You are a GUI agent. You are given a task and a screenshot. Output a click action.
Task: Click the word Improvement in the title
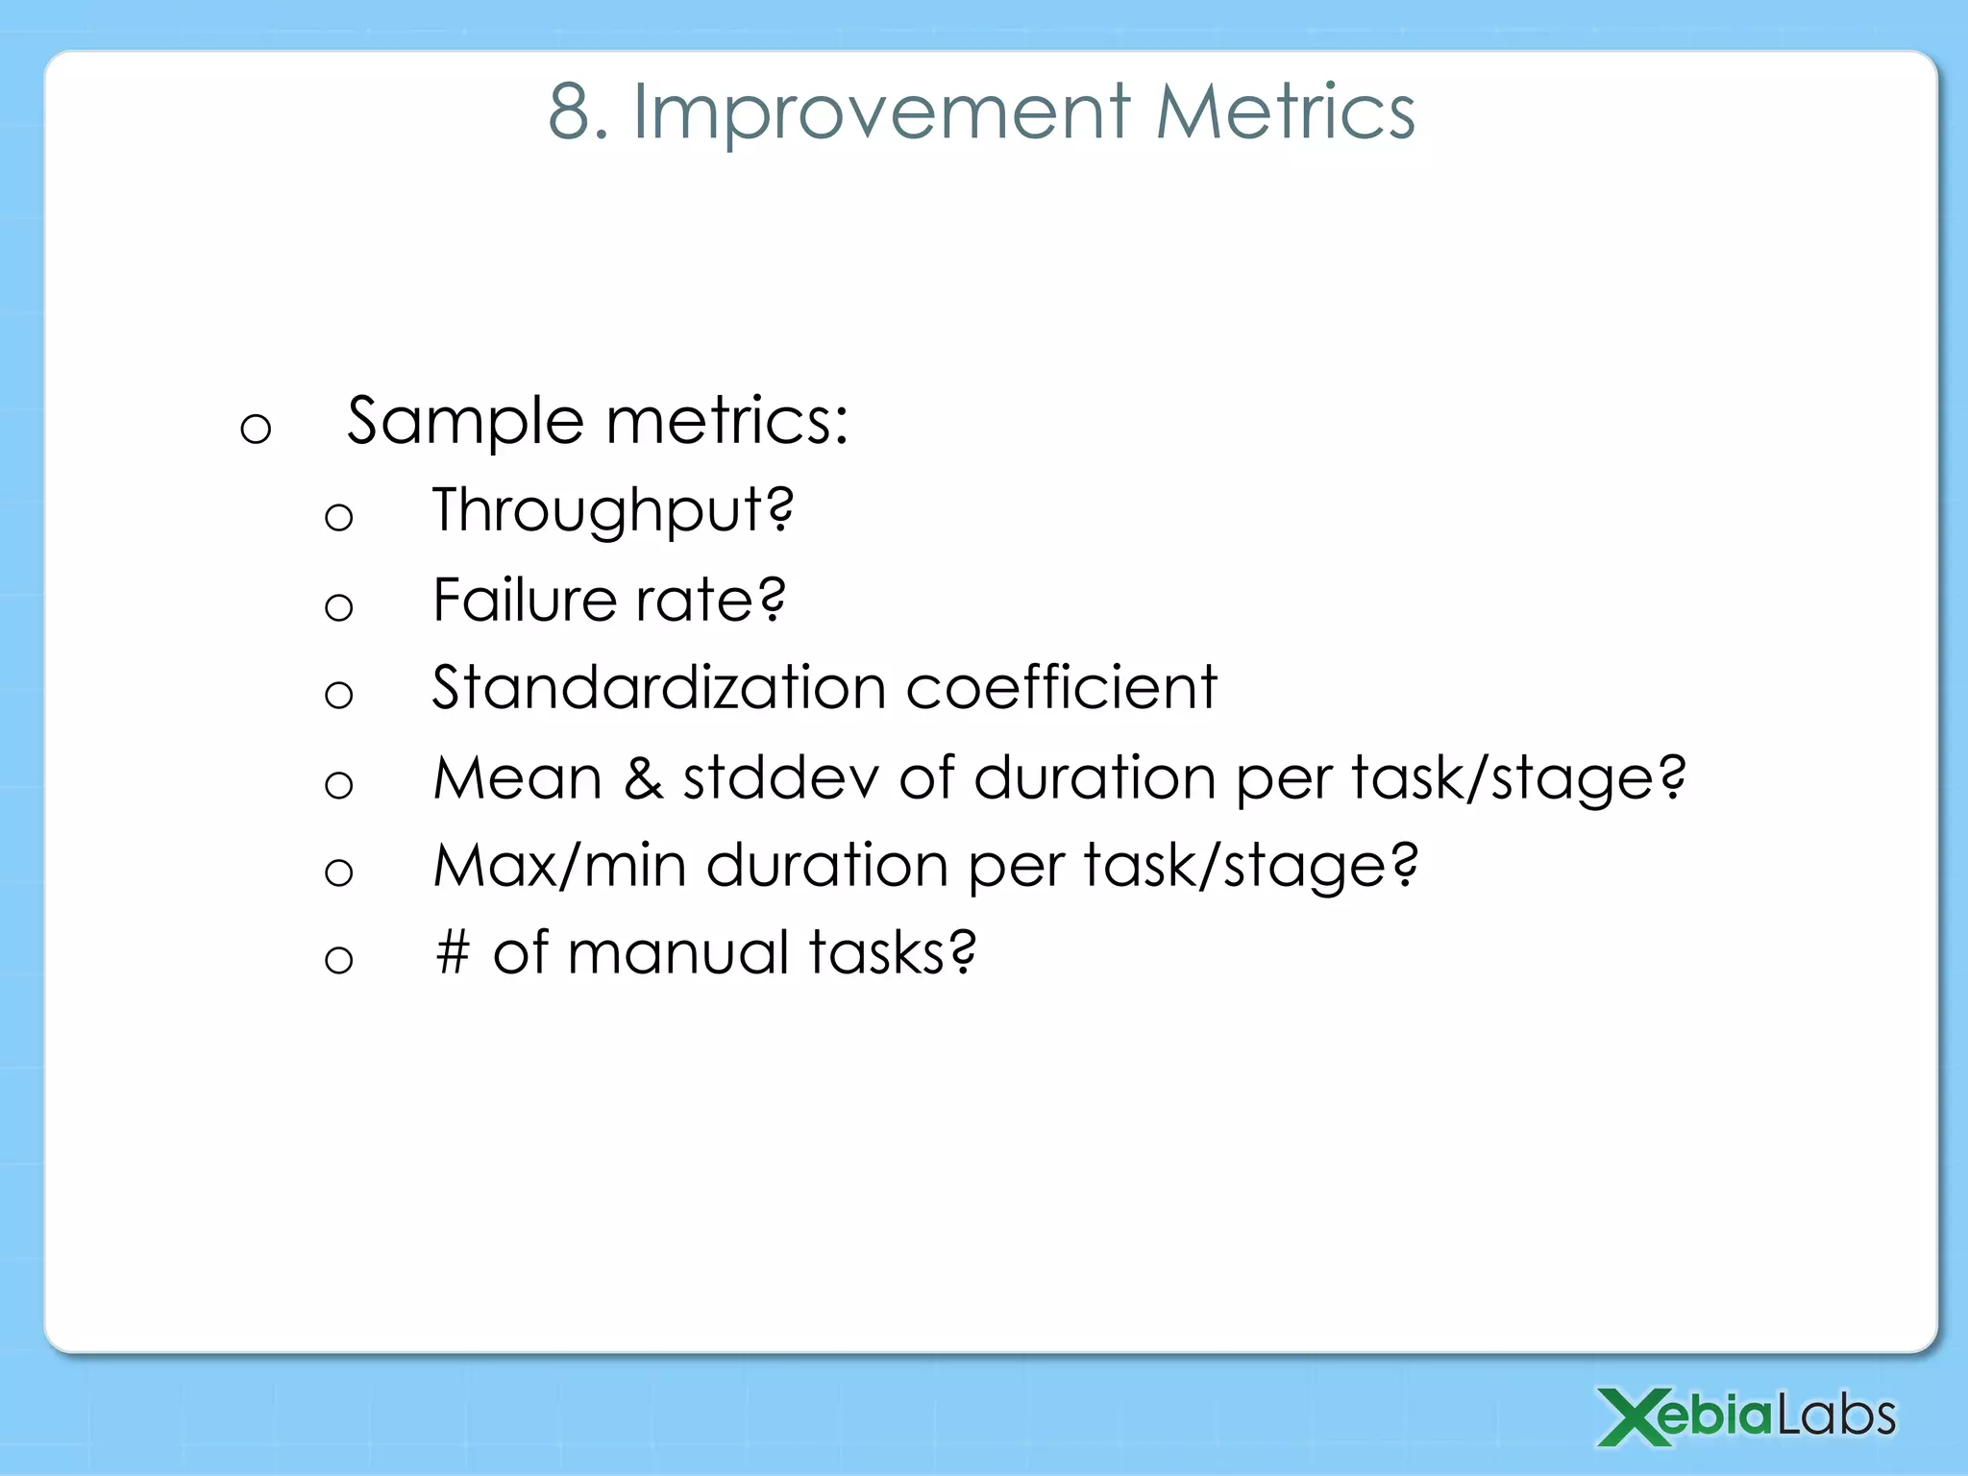pyautogui.click(x=881, y=114)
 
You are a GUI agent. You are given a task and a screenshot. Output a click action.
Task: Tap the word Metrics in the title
pyautogui.click(x=1285, y=112)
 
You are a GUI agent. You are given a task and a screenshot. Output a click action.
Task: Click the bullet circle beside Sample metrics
pyautogui.click(x=256, y=429)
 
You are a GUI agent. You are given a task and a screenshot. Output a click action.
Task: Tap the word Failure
pyautogui.click(x=524, y=601)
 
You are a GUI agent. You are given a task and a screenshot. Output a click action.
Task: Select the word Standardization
pyautogui.click(x=659, y=688)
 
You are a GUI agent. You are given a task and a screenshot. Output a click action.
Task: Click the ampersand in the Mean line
pyautogui.click(x=643, y=778)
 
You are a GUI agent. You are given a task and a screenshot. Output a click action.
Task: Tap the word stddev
pyautogui.click(x=779, y=777)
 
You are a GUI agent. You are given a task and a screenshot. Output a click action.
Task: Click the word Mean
pyautogui.click(x=517, y=777)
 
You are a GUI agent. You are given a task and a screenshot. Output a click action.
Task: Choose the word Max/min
pyautogui.click(x=559, y=866)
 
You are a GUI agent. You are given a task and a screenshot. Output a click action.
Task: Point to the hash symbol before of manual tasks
pyautogui.click(x=453, y=953)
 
